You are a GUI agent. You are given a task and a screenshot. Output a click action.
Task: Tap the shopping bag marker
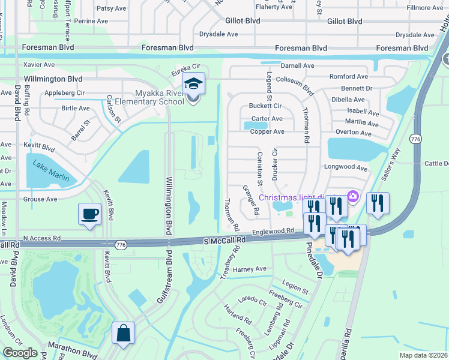(x=123, y=334)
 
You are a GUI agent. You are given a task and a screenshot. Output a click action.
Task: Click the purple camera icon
(x=353, y=197)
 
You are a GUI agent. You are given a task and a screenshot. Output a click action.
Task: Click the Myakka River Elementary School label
(x=151, y=97)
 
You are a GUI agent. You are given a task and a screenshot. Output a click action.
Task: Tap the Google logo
(x=20, y=353)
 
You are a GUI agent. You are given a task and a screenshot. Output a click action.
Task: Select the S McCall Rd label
(x=225, y=240)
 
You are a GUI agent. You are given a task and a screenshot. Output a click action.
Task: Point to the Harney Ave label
(x=249, y=269)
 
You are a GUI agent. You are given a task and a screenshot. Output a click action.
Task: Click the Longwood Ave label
(x=345, y=168)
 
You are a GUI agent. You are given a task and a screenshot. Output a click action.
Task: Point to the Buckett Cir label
(x=265, y=106)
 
